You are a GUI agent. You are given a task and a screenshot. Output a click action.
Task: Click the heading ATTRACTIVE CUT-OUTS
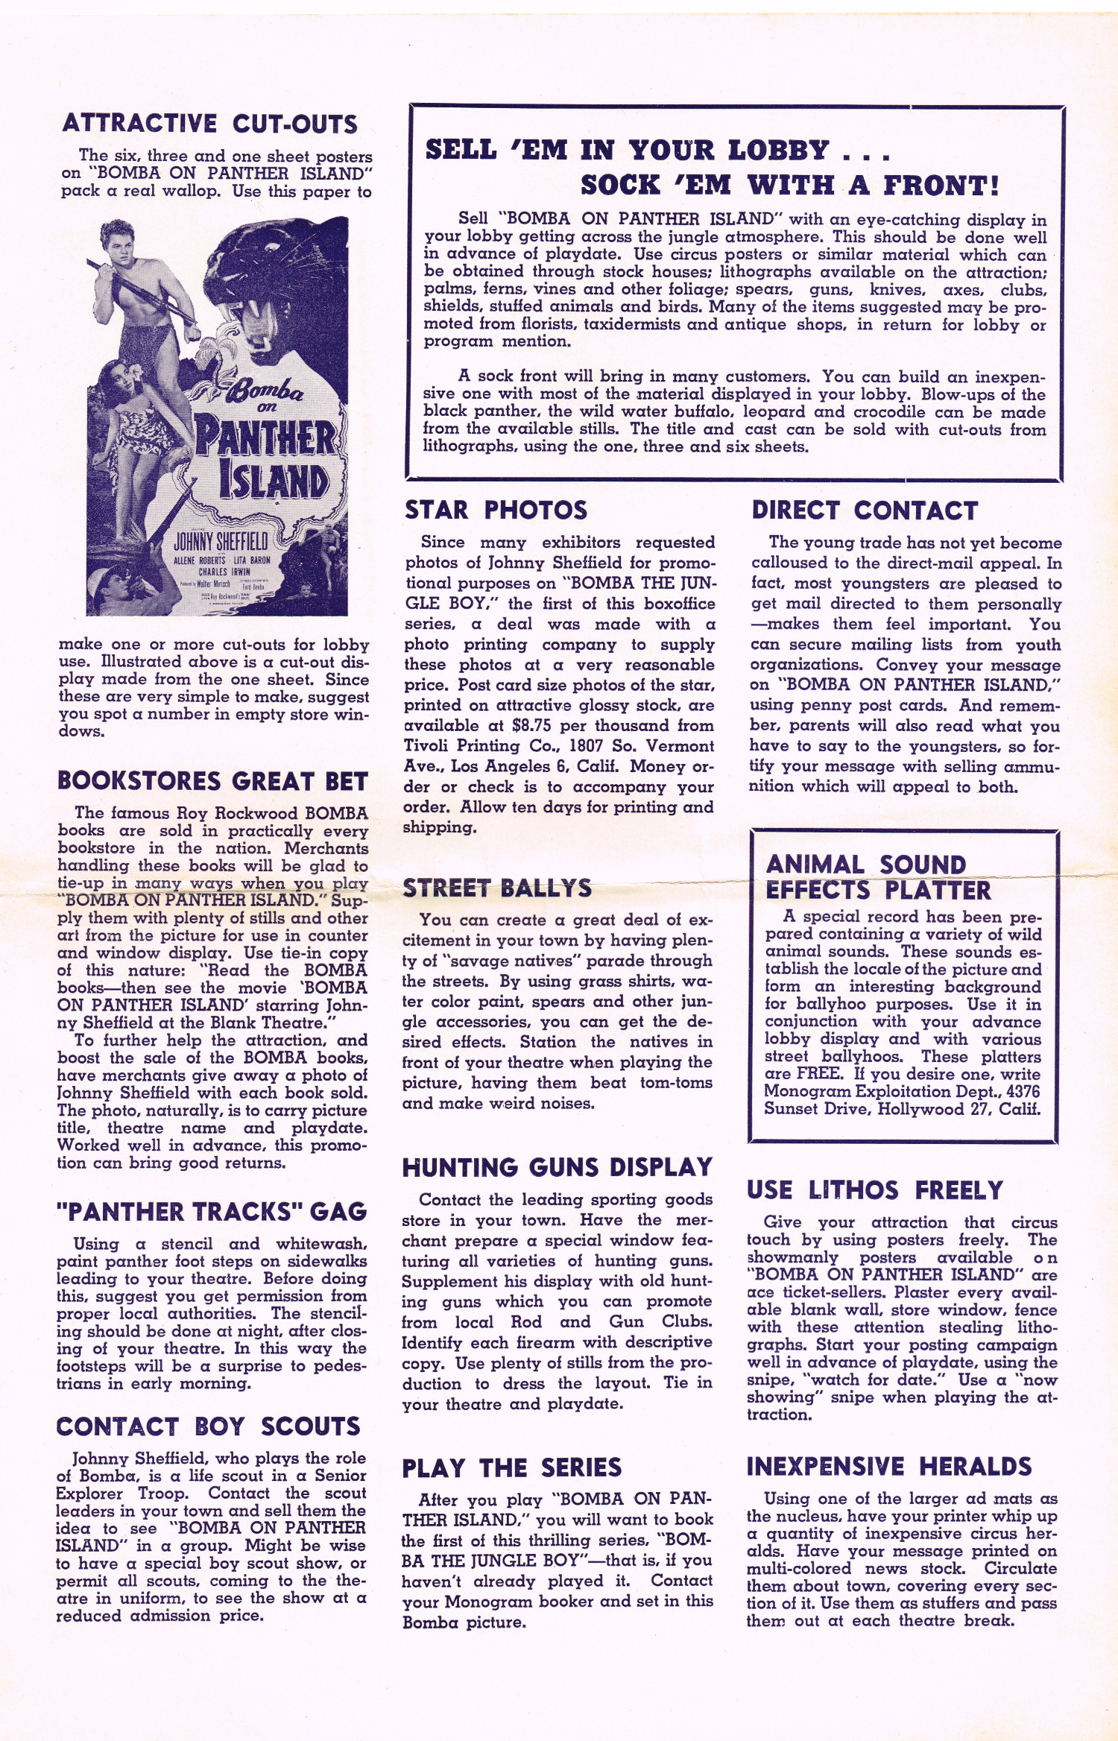click(210, 123)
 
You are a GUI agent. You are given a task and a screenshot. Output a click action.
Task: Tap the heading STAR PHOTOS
click(496, 510)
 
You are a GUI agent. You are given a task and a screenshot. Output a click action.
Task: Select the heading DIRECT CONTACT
click(865, 511)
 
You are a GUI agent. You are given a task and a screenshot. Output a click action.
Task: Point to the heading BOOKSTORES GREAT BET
click(212, 781)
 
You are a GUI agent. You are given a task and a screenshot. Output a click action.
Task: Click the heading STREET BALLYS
click(497, 888)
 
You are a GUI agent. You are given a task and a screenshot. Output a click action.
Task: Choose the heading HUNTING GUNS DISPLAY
click(558, 1168)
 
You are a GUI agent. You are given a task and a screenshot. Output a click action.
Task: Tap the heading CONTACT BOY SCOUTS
click(208, 1426)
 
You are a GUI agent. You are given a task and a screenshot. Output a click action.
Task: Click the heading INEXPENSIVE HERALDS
click(889, 1467)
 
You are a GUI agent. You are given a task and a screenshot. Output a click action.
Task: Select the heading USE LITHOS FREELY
click(875, 1190)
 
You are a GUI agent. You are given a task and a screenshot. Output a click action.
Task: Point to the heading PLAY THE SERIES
click(511, 1468)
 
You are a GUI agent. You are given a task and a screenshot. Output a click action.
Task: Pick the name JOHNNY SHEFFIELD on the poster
click(221, 540)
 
